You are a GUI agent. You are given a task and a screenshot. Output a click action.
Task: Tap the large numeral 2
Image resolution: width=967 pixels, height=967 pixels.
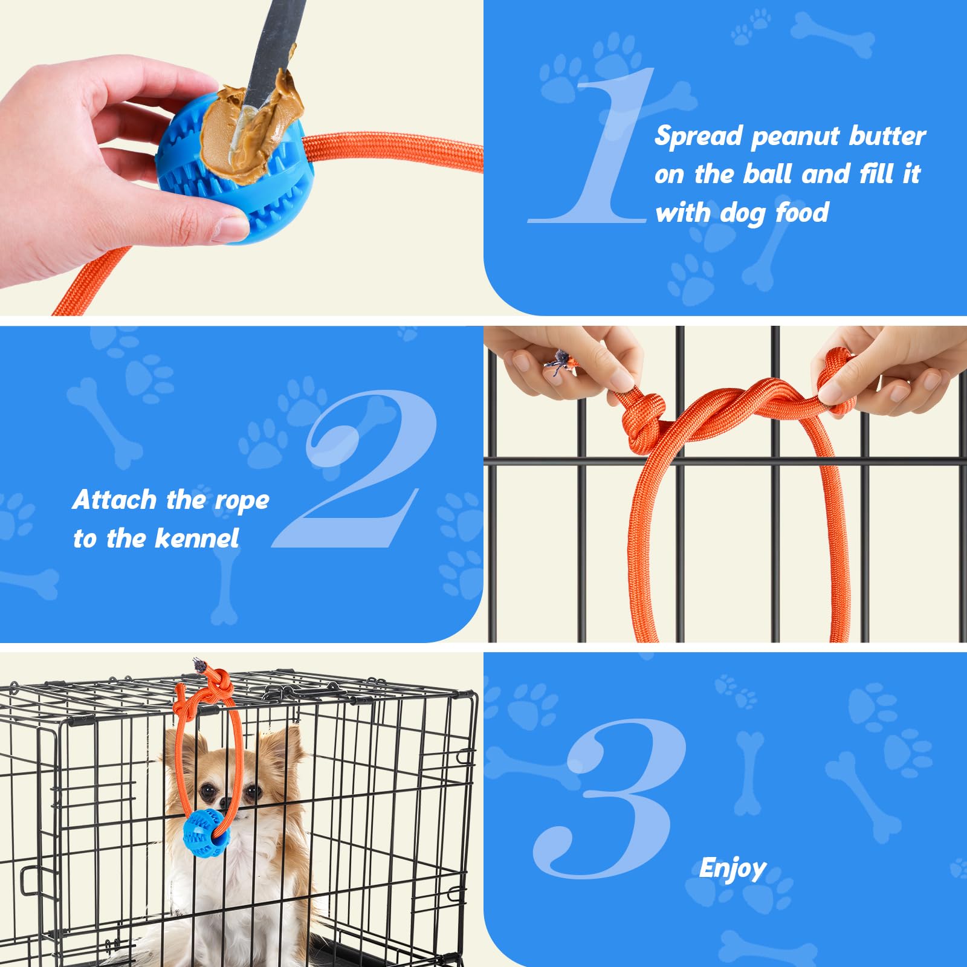coord(357,468)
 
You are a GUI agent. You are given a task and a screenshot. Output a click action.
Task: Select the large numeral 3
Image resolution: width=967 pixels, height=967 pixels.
coord(610,798)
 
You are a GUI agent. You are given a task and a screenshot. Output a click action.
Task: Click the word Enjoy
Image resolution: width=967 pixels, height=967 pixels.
coord(733,869)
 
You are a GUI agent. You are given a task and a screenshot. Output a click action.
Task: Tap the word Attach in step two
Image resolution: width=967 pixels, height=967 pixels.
coord(114,500)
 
